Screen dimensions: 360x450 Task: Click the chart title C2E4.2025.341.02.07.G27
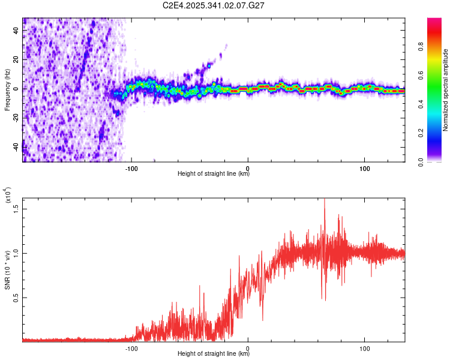coord(214,5)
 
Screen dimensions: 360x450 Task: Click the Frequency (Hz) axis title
coord(7,90)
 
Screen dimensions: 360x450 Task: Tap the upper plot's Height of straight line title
coord(214,174)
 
